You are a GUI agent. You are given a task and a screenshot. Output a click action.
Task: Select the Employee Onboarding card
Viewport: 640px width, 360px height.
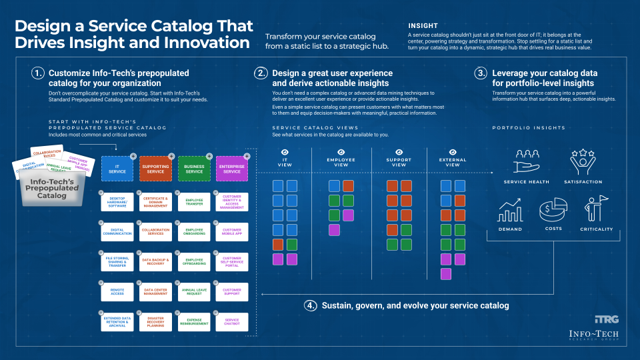[194, 232]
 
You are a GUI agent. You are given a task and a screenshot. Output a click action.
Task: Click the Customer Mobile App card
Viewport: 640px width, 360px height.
[232, 232]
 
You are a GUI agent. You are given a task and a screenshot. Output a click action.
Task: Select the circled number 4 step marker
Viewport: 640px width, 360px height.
[311, 305]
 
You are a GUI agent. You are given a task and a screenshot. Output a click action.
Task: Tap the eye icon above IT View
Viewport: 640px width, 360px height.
[285, 153]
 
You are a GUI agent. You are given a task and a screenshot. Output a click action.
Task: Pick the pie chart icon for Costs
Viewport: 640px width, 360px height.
[553, 211]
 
